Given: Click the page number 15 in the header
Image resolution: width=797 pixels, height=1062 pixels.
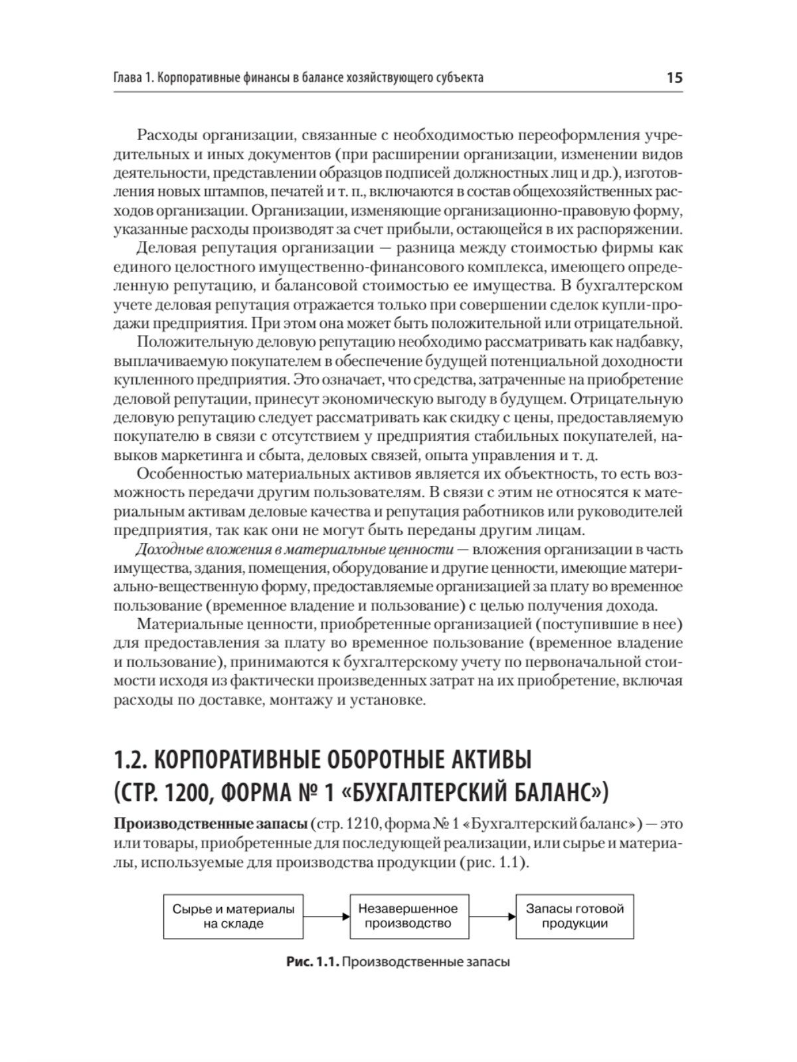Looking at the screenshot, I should click(x=673, y=78).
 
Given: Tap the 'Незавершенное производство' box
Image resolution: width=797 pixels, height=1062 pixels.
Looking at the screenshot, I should click(x=408, y=916).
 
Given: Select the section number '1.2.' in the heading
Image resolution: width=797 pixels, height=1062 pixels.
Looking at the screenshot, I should click(x=133, y=759).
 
